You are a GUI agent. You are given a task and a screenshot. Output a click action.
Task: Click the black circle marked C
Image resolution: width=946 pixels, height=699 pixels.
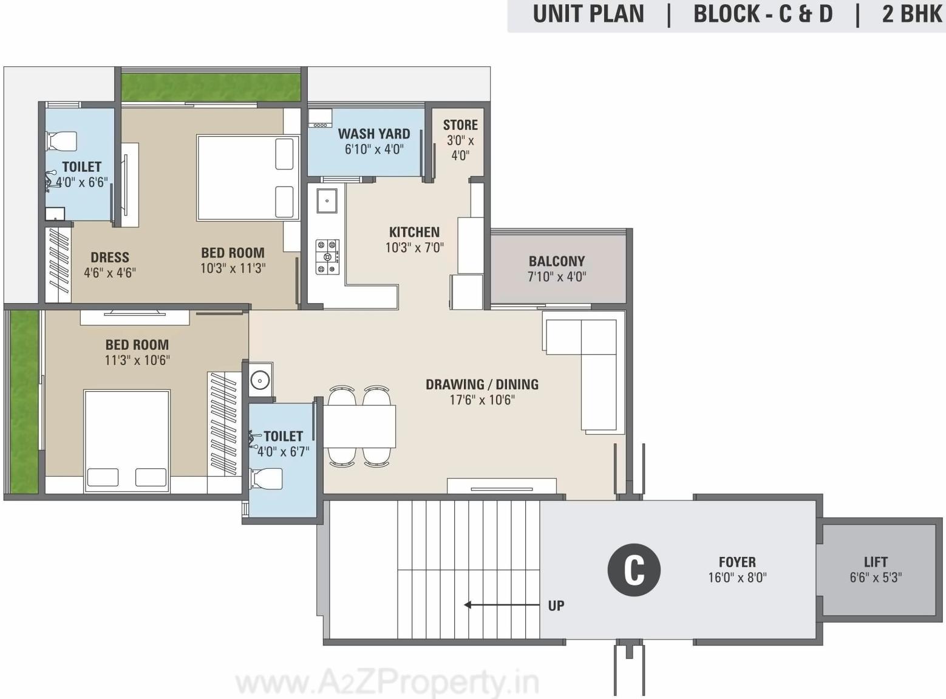click(x=634, y=570)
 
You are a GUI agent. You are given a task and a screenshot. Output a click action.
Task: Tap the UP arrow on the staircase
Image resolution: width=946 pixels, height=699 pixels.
click(x=502, y=605)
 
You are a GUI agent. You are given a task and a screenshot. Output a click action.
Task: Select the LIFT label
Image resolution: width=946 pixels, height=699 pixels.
click(x=876, y=562)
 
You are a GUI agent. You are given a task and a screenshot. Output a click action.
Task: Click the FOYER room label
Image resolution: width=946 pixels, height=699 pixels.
click(x=737, y=562)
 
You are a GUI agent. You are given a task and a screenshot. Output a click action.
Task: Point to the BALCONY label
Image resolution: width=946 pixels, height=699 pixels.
click(x=556, y=261)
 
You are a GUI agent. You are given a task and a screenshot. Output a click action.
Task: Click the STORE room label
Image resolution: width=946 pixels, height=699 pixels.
click(x=460, y=125)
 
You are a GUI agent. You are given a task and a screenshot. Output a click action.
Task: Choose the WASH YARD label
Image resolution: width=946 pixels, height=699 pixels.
click(x=373, y=134)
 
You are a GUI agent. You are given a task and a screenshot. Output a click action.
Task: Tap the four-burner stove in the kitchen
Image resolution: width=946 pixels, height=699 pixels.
click(x=327, y=256)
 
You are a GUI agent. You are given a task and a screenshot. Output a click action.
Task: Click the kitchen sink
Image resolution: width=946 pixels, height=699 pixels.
click(x=327, y=200)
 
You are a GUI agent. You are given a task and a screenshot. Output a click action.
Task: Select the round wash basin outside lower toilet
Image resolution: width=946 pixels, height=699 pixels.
click(x=260, y=380)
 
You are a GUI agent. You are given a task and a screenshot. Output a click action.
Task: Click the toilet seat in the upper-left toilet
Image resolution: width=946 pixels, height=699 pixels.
click(x=62, y=141)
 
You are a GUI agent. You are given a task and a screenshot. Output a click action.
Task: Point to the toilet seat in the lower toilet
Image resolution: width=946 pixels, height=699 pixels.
click(x=267, y=479)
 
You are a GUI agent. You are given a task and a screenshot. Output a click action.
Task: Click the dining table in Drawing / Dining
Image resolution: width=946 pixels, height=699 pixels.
click(x=359, y=426)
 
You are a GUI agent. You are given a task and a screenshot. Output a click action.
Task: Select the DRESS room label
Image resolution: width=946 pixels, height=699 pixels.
click(x=110, y=257)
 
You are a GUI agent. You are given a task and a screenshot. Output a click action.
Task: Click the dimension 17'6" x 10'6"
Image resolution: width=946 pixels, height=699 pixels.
click(x=482, y=400)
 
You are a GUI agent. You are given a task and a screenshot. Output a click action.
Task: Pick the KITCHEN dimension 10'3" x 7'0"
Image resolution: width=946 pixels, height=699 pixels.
click(x=414, y=247)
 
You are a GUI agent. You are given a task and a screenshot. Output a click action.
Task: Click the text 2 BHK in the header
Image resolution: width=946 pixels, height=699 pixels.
click(x=912, y=14)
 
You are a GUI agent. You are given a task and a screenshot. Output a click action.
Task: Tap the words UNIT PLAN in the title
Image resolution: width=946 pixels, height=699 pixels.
click(x=588, y=14)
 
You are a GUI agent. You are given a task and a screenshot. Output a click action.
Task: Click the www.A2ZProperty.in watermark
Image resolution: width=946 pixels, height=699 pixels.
click(x=387, y=683)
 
